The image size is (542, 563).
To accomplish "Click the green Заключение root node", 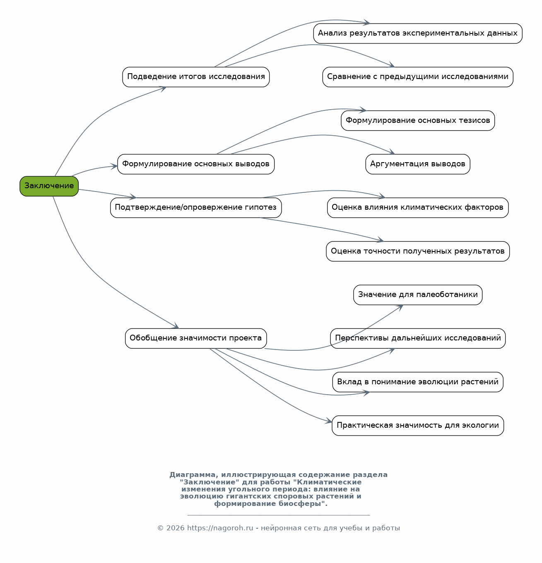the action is click(x=49, y=186).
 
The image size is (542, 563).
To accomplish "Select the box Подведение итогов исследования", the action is click(x=196, y=77).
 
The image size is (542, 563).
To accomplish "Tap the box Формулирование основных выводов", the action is click(x=196, y=164).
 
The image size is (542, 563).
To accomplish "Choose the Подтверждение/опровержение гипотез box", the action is click(x=196, y=208).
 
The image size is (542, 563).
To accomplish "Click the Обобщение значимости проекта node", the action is click(x=196, y=338).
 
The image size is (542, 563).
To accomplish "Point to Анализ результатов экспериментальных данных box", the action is click(x=417, y=34).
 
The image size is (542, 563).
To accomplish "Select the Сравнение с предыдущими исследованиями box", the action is click(x=417, y=77).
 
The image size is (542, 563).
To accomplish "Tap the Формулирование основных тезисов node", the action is click(x=417, y=121).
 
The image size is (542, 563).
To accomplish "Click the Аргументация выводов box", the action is click(x=417, y=164).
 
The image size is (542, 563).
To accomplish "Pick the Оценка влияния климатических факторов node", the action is click(x=417, y=208).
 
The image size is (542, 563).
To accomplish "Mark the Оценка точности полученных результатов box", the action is click(x=417, y=251).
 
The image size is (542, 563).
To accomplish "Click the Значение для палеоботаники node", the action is click(x=417, y=295).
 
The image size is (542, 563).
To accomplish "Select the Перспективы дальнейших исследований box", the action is click(x=417, y=338).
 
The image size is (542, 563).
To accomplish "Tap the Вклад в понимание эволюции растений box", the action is click(x=417, y=382).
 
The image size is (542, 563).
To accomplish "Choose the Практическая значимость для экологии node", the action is click(x=417, y=426).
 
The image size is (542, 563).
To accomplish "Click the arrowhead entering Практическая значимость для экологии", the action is click(x=329, y=421).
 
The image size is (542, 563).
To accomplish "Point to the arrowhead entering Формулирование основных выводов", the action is click(x=114, y=166).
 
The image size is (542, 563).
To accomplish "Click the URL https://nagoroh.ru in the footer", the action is click(x=220, y=528).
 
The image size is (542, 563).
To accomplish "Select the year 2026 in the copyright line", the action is click(x=176, y=528).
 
